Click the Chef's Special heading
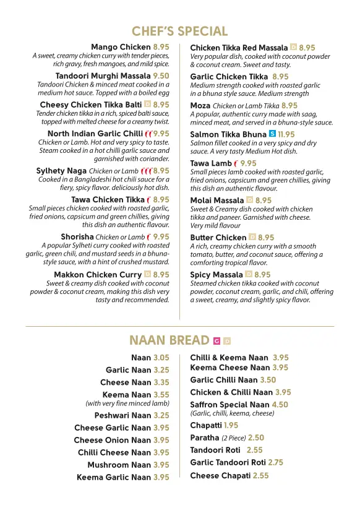pos(179,31)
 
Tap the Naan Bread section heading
pos(169,340)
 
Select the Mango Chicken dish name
pos(120,47)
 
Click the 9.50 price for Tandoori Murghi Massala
pos(161,76)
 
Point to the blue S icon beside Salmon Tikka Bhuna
pos(273,134)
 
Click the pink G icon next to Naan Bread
pos(216,341)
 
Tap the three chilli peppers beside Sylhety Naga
pos(146,171)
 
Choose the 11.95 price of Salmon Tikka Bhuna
pos(286,134)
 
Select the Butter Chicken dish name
pos(218,238)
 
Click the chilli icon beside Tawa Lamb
pos(236,164)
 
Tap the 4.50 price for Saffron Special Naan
pos(280,405)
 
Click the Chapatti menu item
pos(205,425)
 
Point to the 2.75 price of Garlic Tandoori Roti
pos(275,462)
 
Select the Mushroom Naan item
pos(119,465)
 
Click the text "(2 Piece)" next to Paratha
pos(234,438)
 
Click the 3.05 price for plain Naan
pos(161,358)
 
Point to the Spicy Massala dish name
pos(216,274)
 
